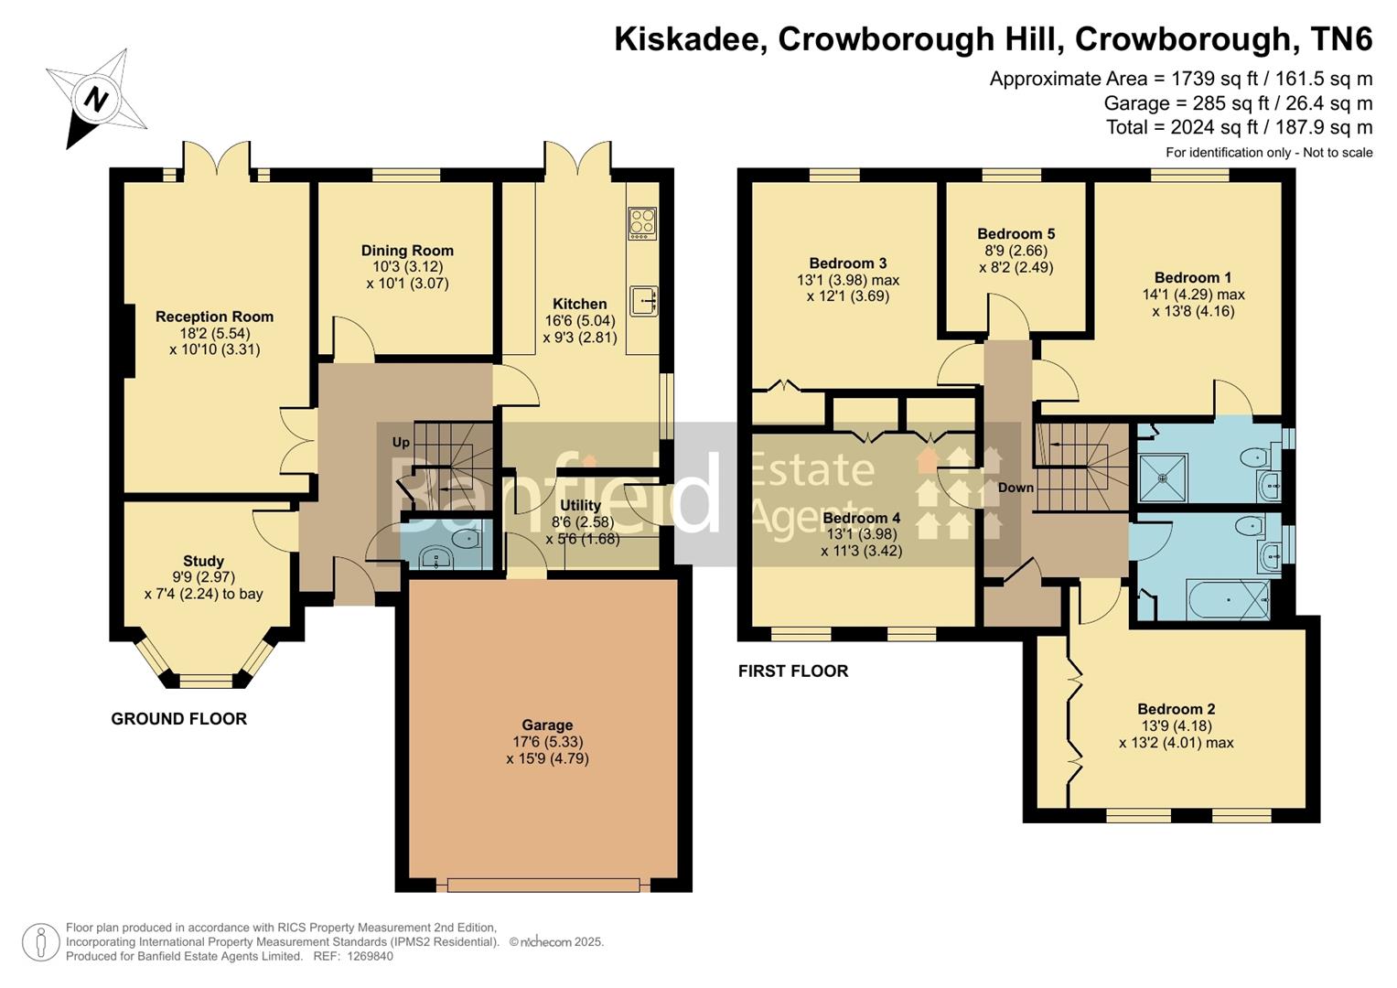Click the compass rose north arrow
(x=95, y=99)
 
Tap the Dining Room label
(x=407, y=251)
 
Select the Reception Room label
(x=214, y=317)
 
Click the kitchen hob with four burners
(x=642, y=223)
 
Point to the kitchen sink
(x=644, y=301)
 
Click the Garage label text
(x=547, y=725)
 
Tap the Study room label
(x=203, y=561)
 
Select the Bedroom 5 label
(x=1016, y=233)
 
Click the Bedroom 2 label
(x=1176, y=709)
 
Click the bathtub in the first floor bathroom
(x=1228, y=600)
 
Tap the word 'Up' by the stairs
(x=401, y=442)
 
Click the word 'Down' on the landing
(x=1016, y=488)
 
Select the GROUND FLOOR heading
(x=178, y=719)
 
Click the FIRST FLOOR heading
(x=793, y=671)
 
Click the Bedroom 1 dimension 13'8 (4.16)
(x=1193, y=311)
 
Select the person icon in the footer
(x=40, y=942)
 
